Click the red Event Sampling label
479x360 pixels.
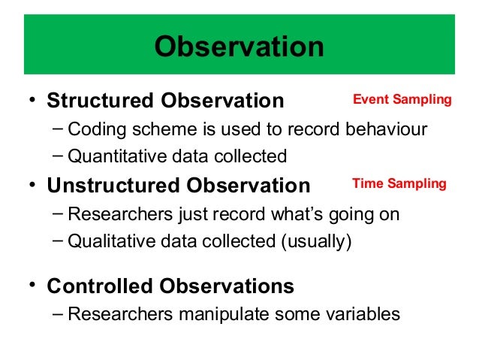(x=402, y=100)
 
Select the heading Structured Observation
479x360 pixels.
(x=166, y=101)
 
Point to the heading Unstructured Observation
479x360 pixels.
(x=179, y=185)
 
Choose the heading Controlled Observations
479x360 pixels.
(x=170, y=286)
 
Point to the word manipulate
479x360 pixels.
(x=223, y=313)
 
